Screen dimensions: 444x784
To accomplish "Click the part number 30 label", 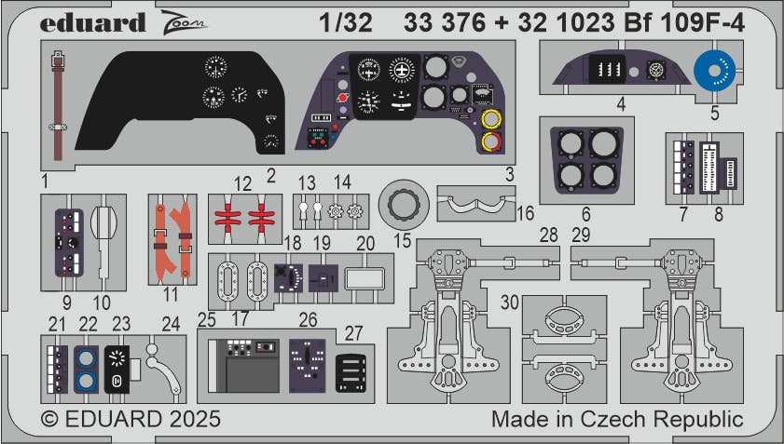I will pyautogui.click(x=509, y=303).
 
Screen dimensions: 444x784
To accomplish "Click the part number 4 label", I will pyautogui.click(x=620, y=105).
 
